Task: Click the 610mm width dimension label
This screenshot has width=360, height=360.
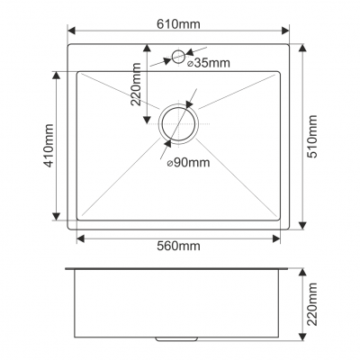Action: pyautogui.click(x=178, y=24)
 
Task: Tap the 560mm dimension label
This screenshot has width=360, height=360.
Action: pyautogui.click(x=178, y=246)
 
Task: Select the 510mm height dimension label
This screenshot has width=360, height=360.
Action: pyautogui.click(x=312, y=137)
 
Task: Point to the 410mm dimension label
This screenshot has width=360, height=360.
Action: pyautogui.click(x=49, y=146)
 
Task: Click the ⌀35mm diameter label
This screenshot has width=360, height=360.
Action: pyautogui.click(x=209, y=63)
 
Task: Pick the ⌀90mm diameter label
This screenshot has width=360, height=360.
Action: pyautogui.click(x=188, y=163)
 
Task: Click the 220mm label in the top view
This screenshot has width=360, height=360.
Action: pyautogui.click(x=136, y=85)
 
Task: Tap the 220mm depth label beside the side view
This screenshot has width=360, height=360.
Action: pyautogui.click(x=312, y=304)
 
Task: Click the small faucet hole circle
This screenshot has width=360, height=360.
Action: pyautogui.click(x=178, y=57)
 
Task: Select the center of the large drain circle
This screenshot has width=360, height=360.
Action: pyautogui.click(x=179, y=123)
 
